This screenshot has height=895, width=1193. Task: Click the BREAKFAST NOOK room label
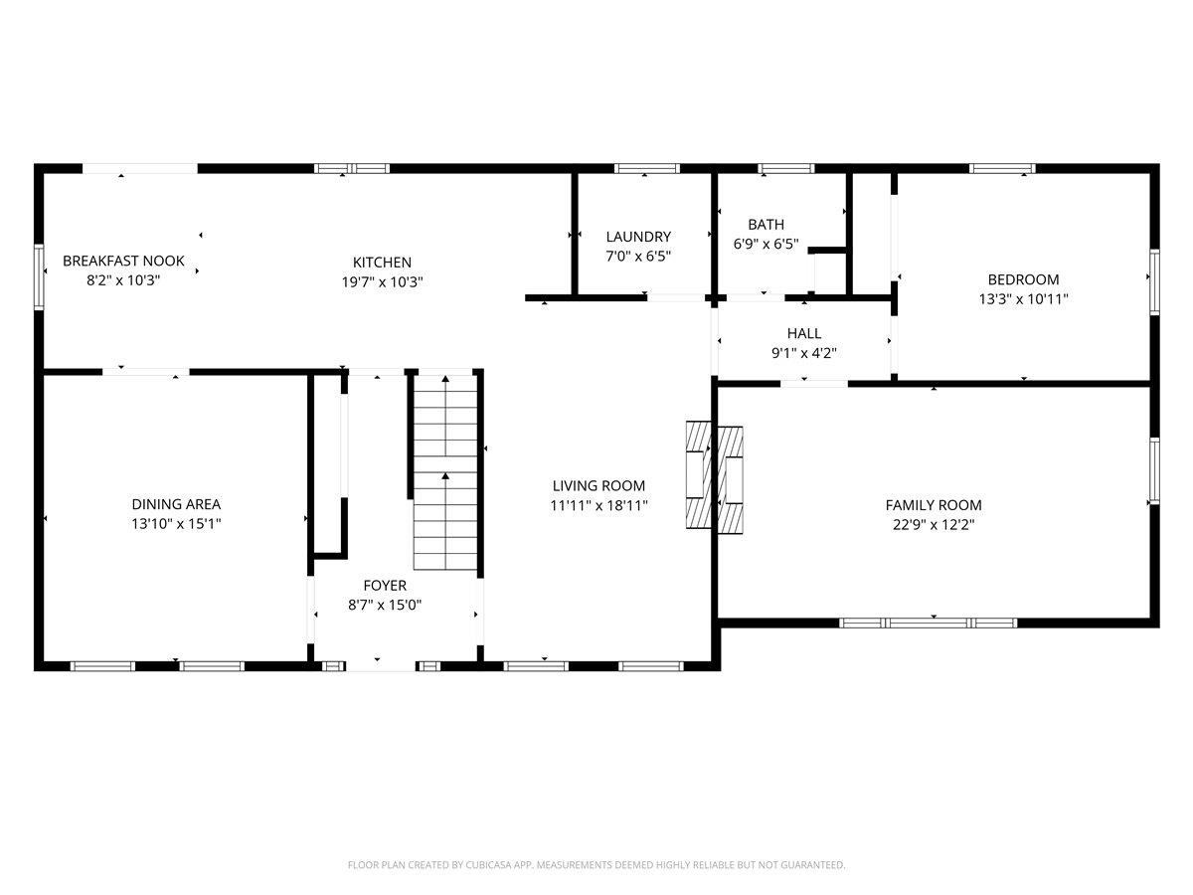click(x=123, y=261)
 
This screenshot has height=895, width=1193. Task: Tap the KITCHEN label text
click(x=382, y=263)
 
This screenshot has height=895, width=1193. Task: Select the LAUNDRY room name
click(x=638, y=237)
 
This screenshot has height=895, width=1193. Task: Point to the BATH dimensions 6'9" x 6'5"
click(x=766, y=244)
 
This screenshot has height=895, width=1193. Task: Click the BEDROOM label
click(x=1023, y=279)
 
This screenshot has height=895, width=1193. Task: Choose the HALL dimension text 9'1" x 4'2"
click(x=804, y=352)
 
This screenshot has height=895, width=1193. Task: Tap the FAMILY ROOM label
click(x=933, y=505)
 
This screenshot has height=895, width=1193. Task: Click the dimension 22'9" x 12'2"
click(x=933, y=524)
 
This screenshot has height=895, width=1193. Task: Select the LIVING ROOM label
click(x=598, y=486)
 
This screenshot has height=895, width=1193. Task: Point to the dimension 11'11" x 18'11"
click(x=598, y=505)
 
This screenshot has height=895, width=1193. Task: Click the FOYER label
click(x=384, y=586)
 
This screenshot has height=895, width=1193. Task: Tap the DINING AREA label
click(x=176, y=504)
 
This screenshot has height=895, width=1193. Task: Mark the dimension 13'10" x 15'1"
click(x=176, y=523)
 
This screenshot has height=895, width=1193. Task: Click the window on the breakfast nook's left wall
click(x=40, y=276)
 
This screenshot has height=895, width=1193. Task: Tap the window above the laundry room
click(x=646, y=168)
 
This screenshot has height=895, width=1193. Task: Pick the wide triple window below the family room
click(x=928, y=623)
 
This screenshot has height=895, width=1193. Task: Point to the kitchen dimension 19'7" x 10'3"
click(x=382, y=281)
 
